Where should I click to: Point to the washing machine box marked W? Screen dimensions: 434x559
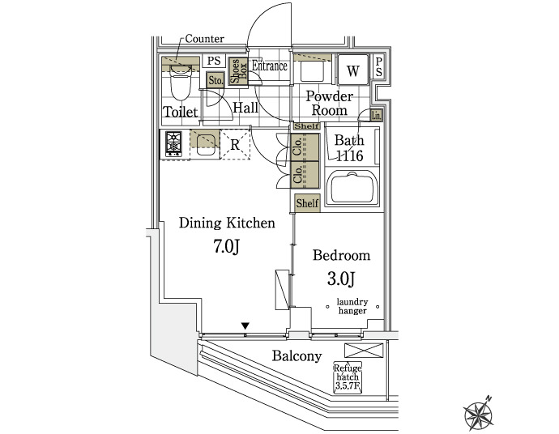pos(352,71)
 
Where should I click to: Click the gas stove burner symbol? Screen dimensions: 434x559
pos(173,143)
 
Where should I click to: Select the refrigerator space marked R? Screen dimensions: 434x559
pos(234,146)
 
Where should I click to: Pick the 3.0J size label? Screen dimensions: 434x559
pos(341,279)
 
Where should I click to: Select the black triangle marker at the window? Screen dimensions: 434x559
pos(245,326)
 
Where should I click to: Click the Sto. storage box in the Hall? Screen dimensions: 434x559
pos(216,81)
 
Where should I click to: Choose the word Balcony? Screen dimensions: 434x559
pos(297,356)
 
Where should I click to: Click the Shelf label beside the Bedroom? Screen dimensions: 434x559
pos(307,203)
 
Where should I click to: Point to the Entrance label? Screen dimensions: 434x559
pos(270,66)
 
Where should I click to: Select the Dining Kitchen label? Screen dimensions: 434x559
pos(227,223)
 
